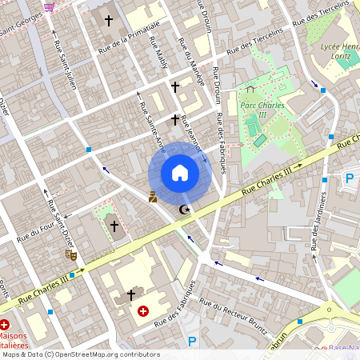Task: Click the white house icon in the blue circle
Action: (x=180, y=172)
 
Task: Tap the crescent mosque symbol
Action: (x=186, y=210)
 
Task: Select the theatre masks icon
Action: (x=70, y=254)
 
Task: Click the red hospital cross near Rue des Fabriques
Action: (x=143, y=310)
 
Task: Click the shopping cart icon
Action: (x=50, y=6)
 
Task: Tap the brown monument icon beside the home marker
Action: (x=153, y=196)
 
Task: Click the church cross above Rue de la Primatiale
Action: (x=109, y=20)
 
